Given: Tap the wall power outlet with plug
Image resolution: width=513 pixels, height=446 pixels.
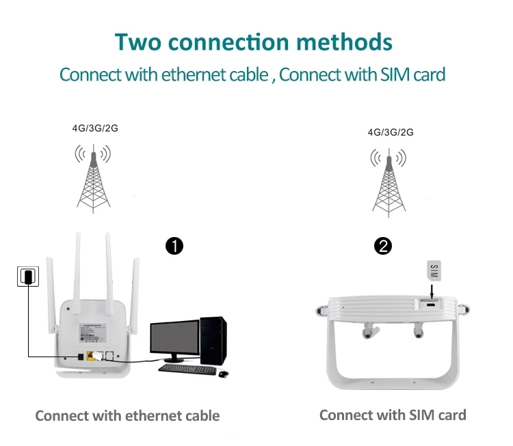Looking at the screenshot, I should pos(27,276).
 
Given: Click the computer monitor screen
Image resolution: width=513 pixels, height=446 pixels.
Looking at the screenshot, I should pos(174,339).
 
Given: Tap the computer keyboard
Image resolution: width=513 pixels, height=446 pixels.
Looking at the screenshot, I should pos(186,369).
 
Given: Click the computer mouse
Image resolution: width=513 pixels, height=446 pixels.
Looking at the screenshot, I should pos(224,373).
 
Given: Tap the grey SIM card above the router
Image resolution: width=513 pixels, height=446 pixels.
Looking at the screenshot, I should pos(433,273).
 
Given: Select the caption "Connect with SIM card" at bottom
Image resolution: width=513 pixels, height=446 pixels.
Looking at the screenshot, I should pos(392,415).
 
